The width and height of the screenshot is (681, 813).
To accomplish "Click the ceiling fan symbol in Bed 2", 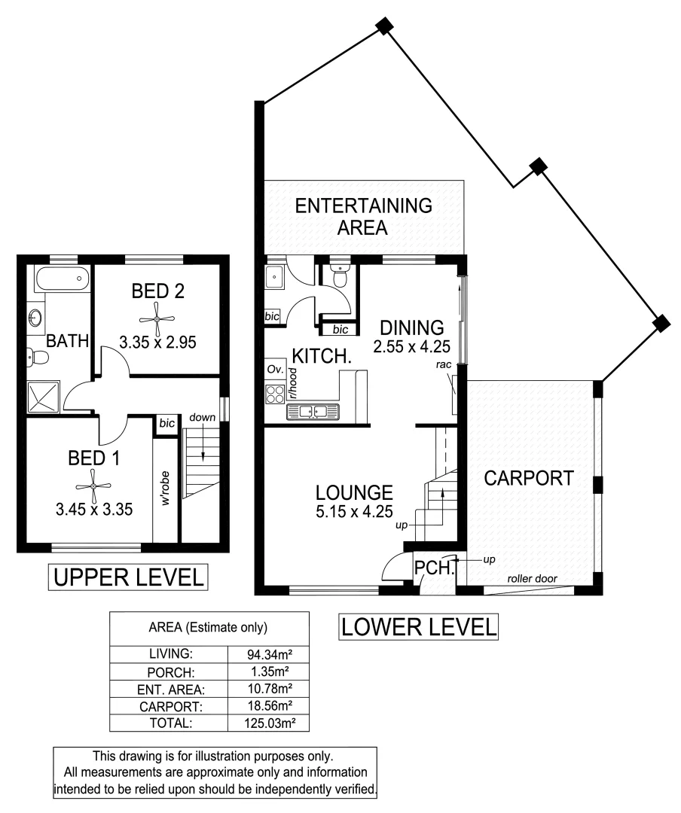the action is [157, 320].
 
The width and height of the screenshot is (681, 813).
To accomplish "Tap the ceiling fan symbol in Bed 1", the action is [93, 486].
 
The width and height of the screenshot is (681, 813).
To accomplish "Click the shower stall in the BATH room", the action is [44, 397].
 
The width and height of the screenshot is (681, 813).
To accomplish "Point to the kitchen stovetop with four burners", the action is [275, 394].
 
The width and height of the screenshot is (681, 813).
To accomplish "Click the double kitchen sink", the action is [313, 412].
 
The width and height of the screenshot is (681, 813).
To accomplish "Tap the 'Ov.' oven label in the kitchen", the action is [275, 370].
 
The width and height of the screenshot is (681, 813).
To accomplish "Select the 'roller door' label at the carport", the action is [532, 579].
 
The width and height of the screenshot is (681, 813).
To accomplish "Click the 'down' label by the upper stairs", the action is [202, 417].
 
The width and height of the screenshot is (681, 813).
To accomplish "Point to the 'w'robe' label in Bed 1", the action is [165, 488].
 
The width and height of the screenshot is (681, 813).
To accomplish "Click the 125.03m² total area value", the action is [270, 723].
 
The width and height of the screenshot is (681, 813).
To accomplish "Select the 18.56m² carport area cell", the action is [269, 705].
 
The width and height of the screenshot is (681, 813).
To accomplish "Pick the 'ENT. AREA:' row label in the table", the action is [171, 690].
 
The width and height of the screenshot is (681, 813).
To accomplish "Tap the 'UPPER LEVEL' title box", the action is [128, 577].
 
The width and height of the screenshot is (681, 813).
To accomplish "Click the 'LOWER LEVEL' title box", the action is [418, 627].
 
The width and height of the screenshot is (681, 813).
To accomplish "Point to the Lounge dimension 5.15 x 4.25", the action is [355, 511].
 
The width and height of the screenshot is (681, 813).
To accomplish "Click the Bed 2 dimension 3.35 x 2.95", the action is [157, 343].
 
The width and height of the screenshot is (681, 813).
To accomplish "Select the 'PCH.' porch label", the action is [434, 568].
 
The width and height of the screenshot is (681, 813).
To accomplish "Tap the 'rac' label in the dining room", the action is [443, 365].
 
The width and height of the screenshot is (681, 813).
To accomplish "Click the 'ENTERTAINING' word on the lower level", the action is [363, 206].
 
